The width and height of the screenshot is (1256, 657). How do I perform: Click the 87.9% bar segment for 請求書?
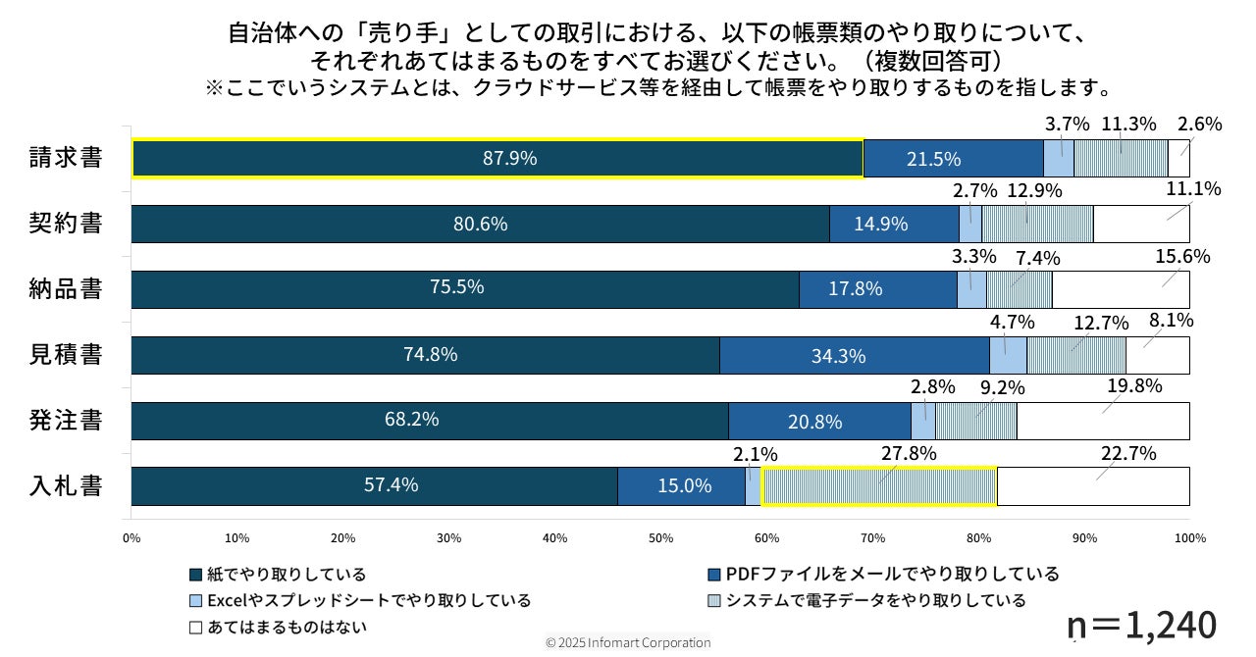point(497,158)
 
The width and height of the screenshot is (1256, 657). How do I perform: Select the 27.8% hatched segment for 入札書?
point(879,485)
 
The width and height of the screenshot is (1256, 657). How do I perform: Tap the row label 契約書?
point(66,224)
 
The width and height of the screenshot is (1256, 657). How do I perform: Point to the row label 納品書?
point(66,289)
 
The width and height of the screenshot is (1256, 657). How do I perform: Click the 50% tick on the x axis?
point(660,538)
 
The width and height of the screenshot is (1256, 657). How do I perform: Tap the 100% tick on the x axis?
point(1189,538)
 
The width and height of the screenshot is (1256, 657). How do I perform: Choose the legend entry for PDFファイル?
point(883,574)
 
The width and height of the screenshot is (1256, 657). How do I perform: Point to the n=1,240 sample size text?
point(1142,624)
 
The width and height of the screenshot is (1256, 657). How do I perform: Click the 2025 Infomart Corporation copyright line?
point(628,643)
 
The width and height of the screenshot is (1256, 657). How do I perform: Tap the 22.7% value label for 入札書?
point(1129,454)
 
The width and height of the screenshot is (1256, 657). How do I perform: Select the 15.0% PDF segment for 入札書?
point(681,485)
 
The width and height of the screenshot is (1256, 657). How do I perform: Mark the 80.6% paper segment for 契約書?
point(480,224)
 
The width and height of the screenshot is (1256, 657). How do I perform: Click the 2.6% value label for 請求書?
point(1199,125)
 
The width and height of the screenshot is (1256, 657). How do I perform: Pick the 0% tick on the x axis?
point(131,538)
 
